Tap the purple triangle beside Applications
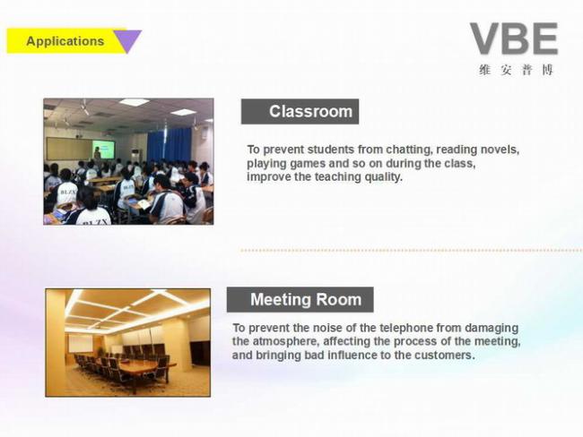pyautogui.click(x=127, y=40)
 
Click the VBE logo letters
pyautogui.click(x=514, y=39)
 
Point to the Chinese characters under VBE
pyautogui.click(x=517, y=70)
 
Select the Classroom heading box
pyautogui.click(x=300, y=111)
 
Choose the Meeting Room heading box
pyautogui.click(x=300, y=300)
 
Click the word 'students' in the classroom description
pyautogui.click(x=331, y=150)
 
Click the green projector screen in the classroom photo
pyautogui.click(x=103, y=149)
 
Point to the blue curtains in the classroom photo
pyautogui.click(x=170, y=145)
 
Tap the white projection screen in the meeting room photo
pyautogui.click(x=81, y=343)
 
